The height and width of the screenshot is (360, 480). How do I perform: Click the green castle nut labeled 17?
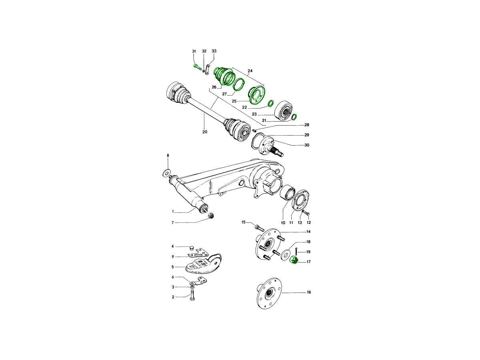pos(294,260)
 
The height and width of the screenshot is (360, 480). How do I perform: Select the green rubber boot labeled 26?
pos(223,76)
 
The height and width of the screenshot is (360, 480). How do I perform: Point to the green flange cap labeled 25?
pos(257,95)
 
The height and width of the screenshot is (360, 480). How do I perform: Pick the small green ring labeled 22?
pos(271,103)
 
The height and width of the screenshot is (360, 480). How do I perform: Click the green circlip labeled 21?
pos(294,117)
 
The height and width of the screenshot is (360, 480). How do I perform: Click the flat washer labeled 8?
pos(166,173)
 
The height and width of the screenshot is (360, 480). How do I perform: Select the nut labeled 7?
pos(211,215)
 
